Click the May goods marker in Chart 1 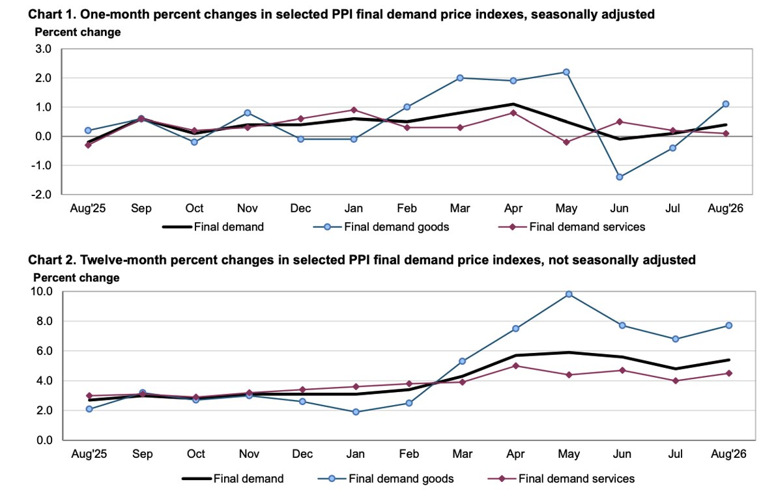(566, 72)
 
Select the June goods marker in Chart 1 (619, 177)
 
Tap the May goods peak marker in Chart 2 (569, 294)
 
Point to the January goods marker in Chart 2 (356, 412)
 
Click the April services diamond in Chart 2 (515, 365)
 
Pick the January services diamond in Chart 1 (354, 110)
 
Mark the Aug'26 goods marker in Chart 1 (726, 104)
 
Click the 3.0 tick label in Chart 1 (43, 49)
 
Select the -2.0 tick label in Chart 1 (42, 195)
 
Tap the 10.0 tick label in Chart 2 (42, 291)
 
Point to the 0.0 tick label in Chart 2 (44, 440)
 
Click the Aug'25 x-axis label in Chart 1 (88, 208)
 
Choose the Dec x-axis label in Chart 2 (302, 454)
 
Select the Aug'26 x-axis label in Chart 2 (728, 454)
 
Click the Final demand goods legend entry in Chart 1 (381, 227)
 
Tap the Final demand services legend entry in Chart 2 (562, 479)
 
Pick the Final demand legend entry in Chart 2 (233, 479)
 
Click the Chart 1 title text (341, 14)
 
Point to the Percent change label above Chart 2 (76, 277)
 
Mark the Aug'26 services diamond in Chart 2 (729, 373)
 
